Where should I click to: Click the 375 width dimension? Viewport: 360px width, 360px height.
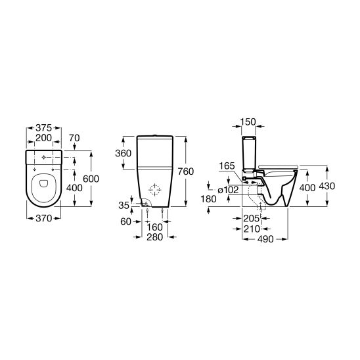[43, 128]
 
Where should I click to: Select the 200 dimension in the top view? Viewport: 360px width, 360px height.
[43, 138]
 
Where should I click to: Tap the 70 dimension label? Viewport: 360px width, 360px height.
[74, 138]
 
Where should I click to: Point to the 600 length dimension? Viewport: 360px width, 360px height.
[91, 179]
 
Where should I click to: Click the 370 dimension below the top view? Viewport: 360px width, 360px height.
[44, 218]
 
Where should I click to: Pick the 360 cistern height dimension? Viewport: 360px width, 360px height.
[124, 153]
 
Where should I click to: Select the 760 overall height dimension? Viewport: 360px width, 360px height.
[186, 171]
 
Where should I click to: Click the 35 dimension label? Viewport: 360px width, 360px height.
[124, 206]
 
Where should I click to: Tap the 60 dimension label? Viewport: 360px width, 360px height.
[126, 221]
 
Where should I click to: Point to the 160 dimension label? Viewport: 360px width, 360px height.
[155, 227]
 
